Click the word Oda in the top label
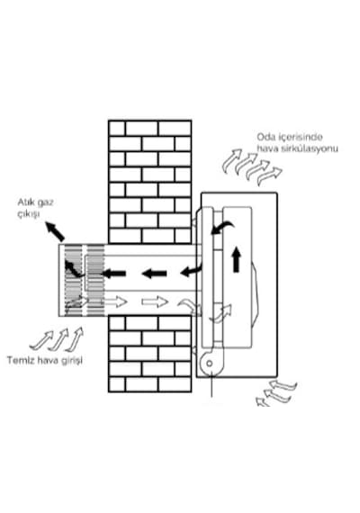265,137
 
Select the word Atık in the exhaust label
24,202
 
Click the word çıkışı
29,214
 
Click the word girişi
71,361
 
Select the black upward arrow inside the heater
237,260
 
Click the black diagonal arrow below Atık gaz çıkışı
55,231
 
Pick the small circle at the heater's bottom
210,364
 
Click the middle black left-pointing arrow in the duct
154,274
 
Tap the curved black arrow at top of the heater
222,227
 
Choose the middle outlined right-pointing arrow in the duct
154,301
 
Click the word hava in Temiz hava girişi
47,361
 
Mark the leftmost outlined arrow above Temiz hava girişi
41,340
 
